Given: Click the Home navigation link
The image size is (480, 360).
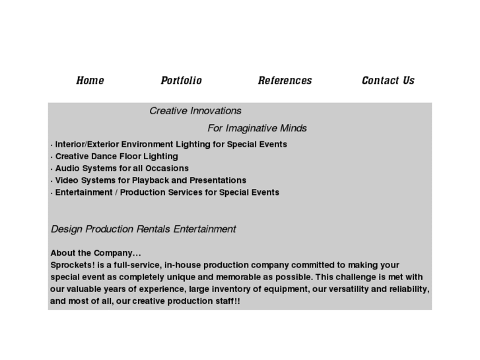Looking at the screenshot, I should coord(90,81).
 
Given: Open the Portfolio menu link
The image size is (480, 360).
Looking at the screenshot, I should coord(181,81).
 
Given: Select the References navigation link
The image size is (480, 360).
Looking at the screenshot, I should coord(285,81).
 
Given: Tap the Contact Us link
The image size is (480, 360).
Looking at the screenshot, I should coord(388,81).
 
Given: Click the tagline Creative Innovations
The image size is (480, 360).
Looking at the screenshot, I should coord(195,111).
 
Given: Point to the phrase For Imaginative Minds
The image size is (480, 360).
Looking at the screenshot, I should coord(257,128).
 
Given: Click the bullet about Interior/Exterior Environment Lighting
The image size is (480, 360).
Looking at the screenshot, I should coord(170,144).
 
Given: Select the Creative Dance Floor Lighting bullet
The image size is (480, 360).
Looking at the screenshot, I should coord(116,157).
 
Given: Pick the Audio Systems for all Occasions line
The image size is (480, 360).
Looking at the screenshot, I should coord(121,168).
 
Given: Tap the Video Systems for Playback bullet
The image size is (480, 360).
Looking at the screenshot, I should coord(150,180).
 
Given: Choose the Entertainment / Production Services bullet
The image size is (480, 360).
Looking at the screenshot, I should coord(166,192).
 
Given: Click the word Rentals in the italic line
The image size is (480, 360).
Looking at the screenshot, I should coord(154,229).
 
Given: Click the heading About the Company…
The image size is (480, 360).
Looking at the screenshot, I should coord(96,253).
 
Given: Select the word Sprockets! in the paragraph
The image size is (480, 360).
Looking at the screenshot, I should coord(71,265).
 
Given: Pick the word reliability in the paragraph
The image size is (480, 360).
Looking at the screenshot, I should coord(404,289).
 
